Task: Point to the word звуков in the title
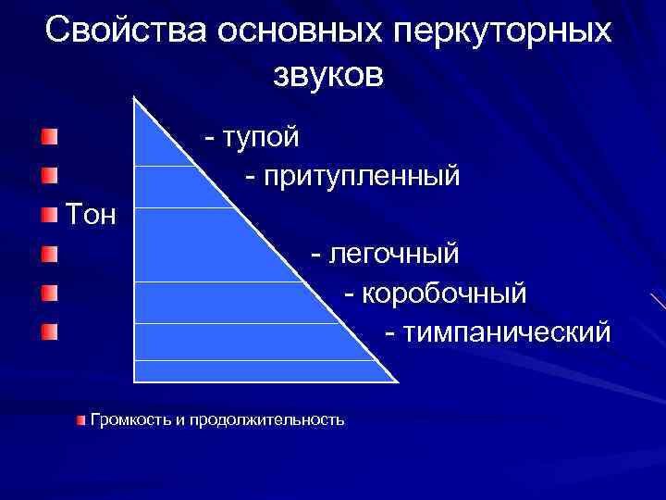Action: click(327, 75)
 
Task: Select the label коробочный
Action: click(444, 293)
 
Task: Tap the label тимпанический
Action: click(507, 331)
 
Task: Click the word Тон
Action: click(91, 217)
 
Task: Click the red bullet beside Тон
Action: click(49, 216)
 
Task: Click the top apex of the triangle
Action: click(137, 98)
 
